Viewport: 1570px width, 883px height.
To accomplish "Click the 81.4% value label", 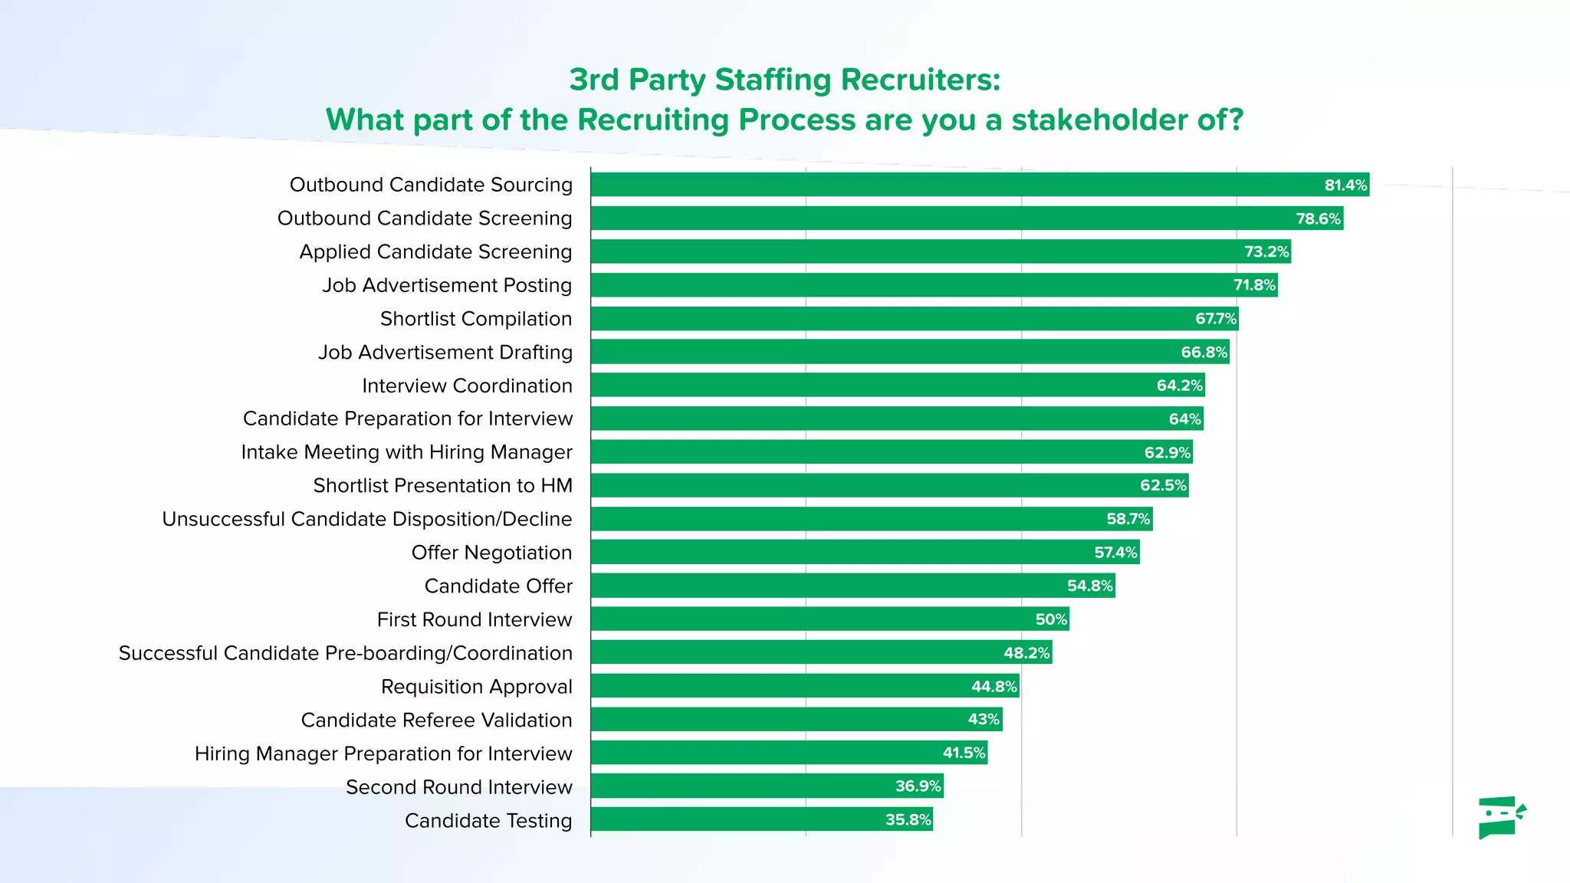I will pyautogui.click(x=1345, y=185).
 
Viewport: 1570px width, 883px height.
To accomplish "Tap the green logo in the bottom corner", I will pyautogui.click(x=1501, y=817).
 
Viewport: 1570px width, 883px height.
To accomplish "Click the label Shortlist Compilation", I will pyautogui.click(x=476, y=319).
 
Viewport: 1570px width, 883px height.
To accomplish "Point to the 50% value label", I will pyautogui.click(x=1051, y=619).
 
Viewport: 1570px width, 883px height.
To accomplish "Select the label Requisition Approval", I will pyautogui.click(x=476, y=687).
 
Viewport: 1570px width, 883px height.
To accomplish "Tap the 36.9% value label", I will pyautogui.click(x=918, y=786).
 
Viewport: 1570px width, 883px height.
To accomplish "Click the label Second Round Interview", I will pyautogui.click(x=458, y=787).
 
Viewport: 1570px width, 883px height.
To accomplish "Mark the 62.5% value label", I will pyautogui.click(x=1163, y=485).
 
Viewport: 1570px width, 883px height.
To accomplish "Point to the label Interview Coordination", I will pyautogui.click(x=467, y=386).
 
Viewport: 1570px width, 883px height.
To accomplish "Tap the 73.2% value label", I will pyautogui.click(x=1266, y=251).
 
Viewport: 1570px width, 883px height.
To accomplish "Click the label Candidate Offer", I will pyautogui.click(x=498, y=586).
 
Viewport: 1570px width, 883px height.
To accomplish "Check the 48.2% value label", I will pyautogui.click(x=1026, y=653).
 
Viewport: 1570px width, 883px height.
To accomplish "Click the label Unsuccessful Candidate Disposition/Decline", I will pyautogui.click(x=366, y=520).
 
